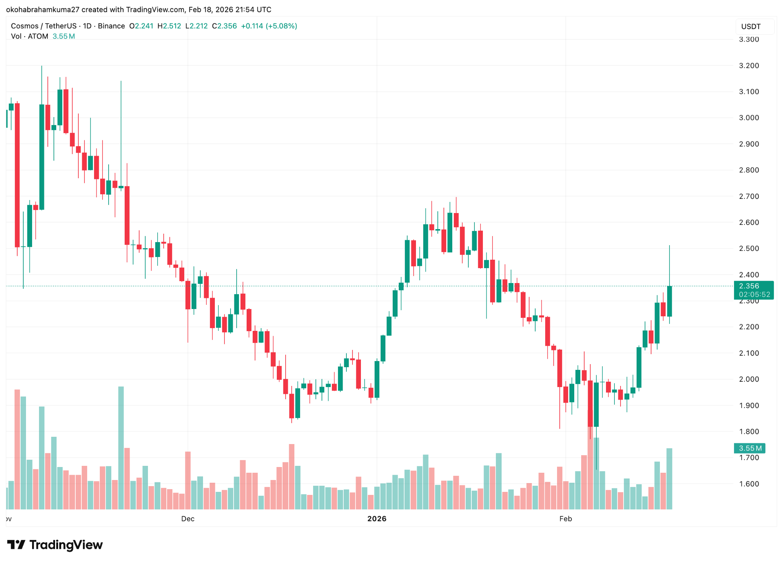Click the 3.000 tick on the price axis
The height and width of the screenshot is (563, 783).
[749, 118]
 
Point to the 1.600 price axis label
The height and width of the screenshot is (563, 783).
[749, 484]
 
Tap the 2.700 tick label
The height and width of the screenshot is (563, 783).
[749, 197]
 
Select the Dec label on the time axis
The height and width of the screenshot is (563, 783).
[188, 519]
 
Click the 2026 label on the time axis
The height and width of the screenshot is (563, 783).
[377, 519]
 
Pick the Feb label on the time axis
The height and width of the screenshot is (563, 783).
[565, 519]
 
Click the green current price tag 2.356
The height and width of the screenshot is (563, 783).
[749, 286]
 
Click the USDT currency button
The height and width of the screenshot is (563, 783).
[751, 27]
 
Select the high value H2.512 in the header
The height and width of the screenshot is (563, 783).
[169, 26]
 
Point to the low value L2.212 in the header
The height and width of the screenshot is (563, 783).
[197, 26]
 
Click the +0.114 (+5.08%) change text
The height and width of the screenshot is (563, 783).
[269, 26]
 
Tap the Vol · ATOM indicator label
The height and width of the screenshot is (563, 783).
[29, 36]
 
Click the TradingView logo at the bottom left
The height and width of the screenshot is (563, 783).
[55, 545]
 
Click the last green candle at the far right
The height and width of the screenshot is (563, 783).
[669, 301]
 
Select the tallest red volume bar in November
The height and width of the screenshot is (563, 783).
[17, 449]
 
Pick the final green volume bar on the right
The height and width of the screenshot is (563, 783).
[669, 478]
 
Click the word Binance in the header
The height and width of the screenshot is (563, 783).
[111, 26]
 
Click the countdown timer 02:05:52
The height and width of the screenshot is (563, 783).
[754, 295]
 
